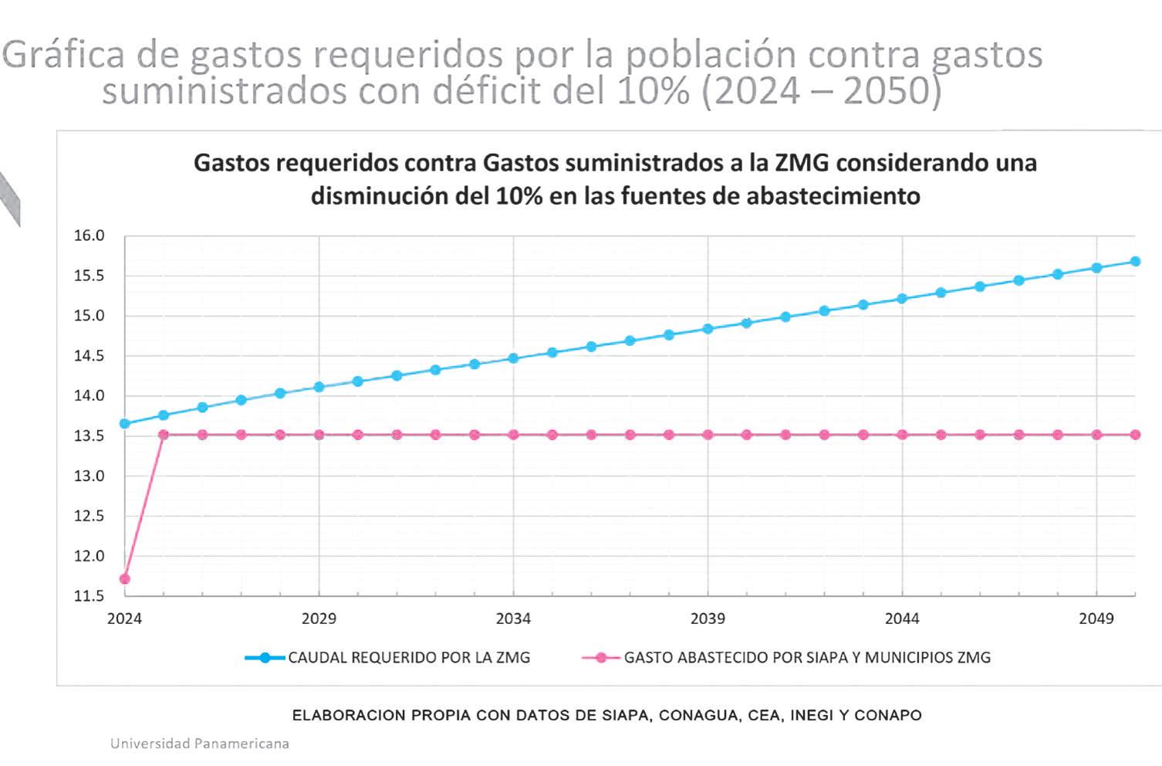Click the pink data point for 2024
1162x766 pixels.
(125, 579)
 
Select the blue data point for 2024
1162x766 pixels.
(125, 423)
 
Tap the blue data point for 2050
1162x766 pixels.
(1135, 261)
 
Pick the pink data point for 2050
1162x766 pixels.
(1135, 435)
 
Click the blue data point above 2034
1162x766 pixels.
(513, 358)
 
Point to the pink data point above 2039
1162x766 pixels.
(708, 435)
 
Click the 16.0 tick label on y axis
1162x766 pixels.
(89, 236)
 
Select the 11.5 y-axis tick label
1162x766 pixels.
(89, 596)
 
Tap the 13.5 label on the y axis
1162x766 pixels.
(89, 436)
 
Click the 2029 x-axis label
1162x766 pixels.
(319, 619)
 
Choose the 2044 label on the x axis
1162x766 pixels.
(902, 619)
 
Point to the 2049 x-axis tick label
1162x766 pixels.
(1096, 619)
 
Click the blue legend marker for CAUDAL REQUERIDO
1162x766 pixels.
(265, 658)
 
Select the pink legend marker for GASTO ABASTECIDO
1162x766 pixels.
(601, 658)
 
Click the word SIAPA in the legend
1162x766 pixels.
(778, 658)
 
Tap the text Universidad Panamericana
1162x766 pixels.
(200, 744)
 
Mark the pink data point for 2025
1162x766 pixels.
(164, 435)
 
